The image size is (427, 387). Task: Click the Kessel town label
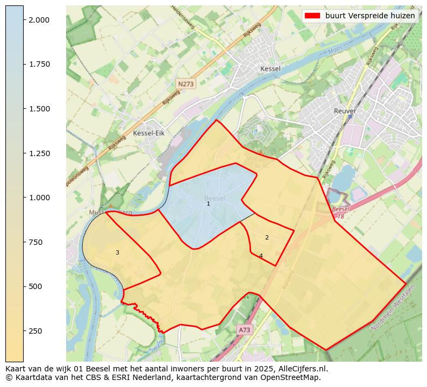pos(270,69)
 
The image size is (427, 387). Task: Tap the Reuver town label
pos(345,111)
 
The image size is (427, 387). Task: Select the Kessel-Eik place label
pos(148,133)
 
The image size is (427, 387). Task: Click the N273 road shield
pos(186,84)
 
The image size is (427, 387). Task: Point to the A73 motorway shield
pos(244,330)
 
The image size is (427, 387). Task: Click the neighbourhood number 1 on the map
pos(208,204)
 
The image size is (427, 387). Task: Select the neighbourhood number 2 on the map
pos(267,238)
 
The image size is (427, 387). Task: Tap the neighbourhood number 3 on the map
pos(117,253)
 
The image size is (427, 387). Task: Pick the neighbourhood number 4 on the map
pos(261,256)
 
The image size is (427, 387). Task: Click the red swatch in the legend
pos(312,16)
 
